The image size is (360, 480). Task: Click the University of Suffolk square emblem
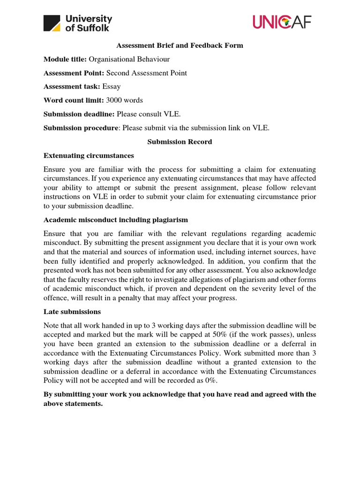click(x=52, y=23)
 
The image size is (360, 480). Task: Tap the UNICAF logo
click(x=282, y=22)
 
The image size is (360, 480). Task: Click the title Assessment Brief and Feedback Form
click(x=180, y=45)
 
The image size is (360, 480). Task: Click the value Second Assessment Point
click(x=147, y=73)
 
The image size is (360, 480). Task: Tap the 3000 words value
click(x=125, y=100)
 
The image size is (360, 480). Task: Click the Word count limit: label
click(x=74, y=100)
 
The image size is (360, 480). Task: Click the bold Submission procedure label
click(x=81, y=127)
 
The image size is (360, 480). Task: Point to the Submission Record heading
click(x=180, y=142)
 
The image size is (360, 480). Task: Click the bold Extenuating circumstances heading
click(x=89, y=155)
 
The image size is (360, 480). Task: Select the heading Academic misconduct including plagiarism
click(x=116, y=219)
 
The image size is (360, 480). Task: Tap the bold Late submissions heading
click(x=72, y=311)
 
